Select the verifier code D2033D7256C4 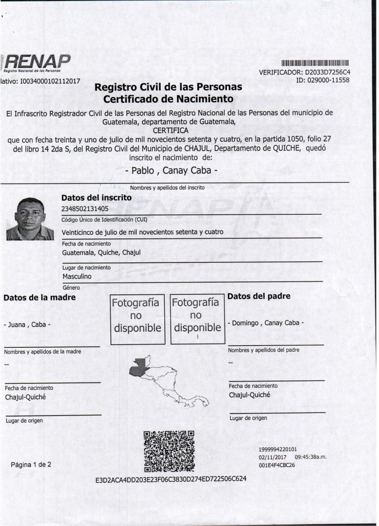(x=327, y=72)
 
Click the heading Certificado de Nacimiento (x=168, y=98)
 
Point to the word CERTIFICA (x=168, y=130)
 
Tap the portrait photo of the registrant (x=30, y=219)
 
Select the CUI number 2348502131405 (x=85, y=209)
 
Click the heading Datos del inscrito (x=97, y=197)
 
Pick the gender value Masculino (x=77, y=276)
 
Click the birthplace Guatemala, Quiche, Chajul (x=101, y=253)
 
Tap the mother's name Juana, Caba (x=27, y=325)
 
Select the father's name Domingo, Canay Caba (x=266, y=323)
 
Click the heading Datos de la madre (x=40, y=297)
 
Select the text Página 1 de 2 (x=31, y=465)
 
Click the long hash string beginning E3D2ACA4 (x=171, y=480)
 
